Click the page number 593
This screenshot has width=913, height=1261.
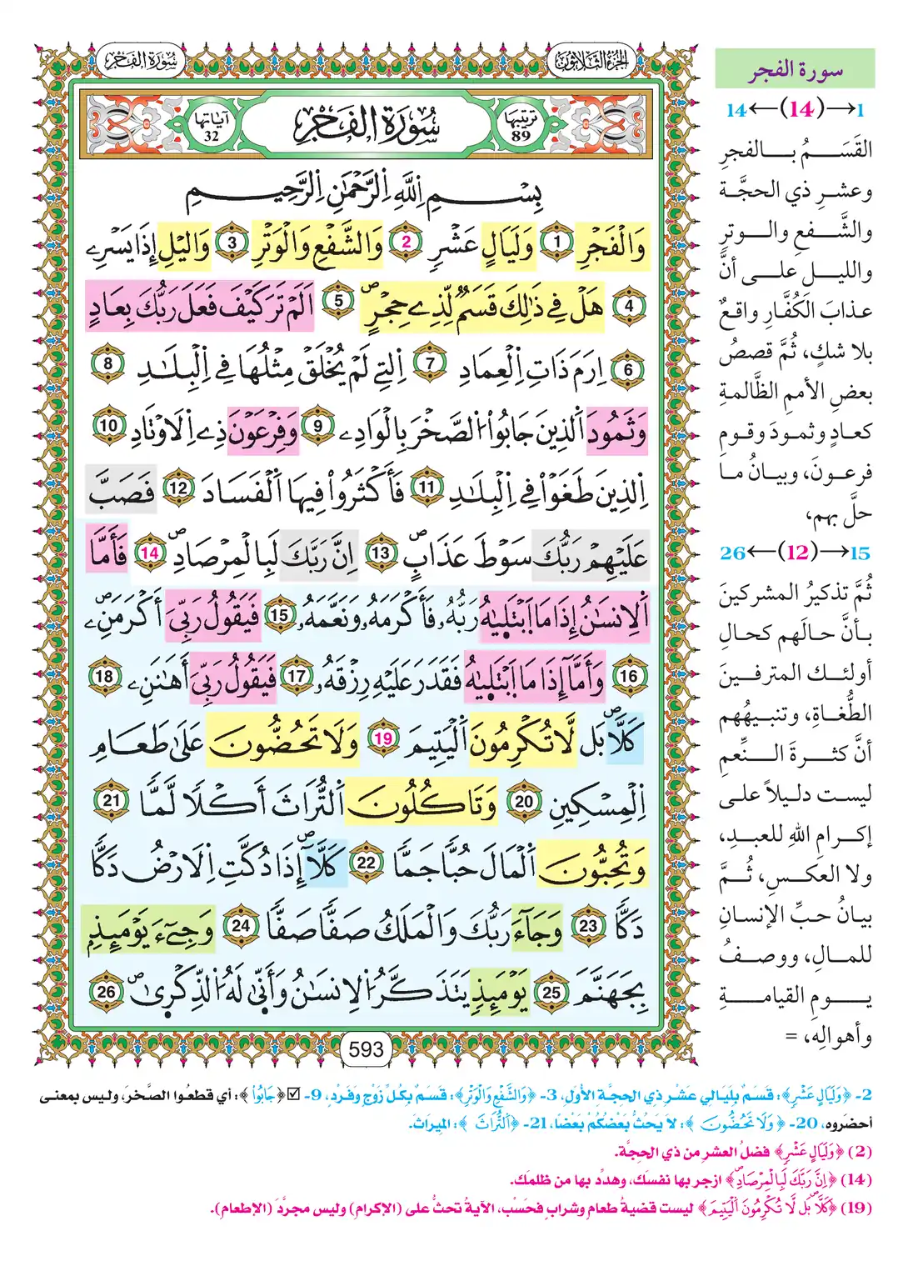367,1049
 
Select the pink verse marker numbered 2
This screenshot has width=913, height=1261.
407,243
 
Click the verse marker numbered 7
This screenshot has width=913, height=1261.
430,363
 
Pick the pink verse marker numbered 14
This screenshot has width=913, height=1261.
151,553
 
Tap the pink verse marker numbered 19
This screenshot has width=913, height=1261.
382,738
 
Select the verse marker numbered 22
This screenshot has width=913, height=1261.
367,863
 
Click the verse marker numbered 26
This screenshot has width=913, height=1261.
106,991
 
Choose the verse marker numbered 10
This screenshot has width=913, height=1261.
109,425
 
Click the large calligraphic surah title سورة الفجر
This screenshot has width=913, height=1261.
367,125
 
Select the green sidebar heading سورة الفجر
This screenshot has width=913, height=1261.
795,70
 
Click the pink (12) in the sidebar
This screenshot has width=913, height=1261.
797,553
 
